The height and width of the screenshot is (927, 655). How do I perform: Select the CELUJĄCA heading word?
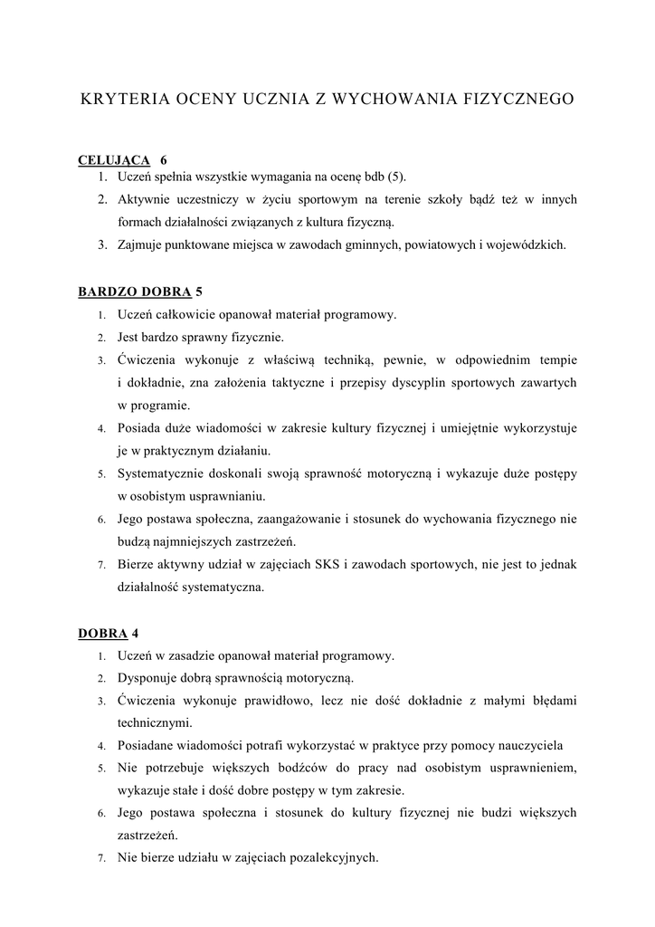[114, 159]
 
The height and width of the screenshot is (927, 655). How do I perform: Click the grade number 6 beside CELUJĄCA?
[164, 159]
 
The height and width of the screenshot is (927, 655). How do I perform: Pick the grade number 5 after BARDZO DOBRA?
[199, 291]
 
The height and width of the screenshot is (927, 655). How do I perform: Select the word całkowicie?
[185, 315]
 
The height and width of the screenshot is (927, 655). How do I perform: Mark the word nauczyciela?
[526, 746]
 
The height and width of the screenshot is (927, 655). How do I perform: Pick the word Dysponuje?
[147, 677]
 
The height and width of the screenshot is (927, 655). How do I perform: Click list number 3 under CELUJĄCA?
[103, 244]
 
